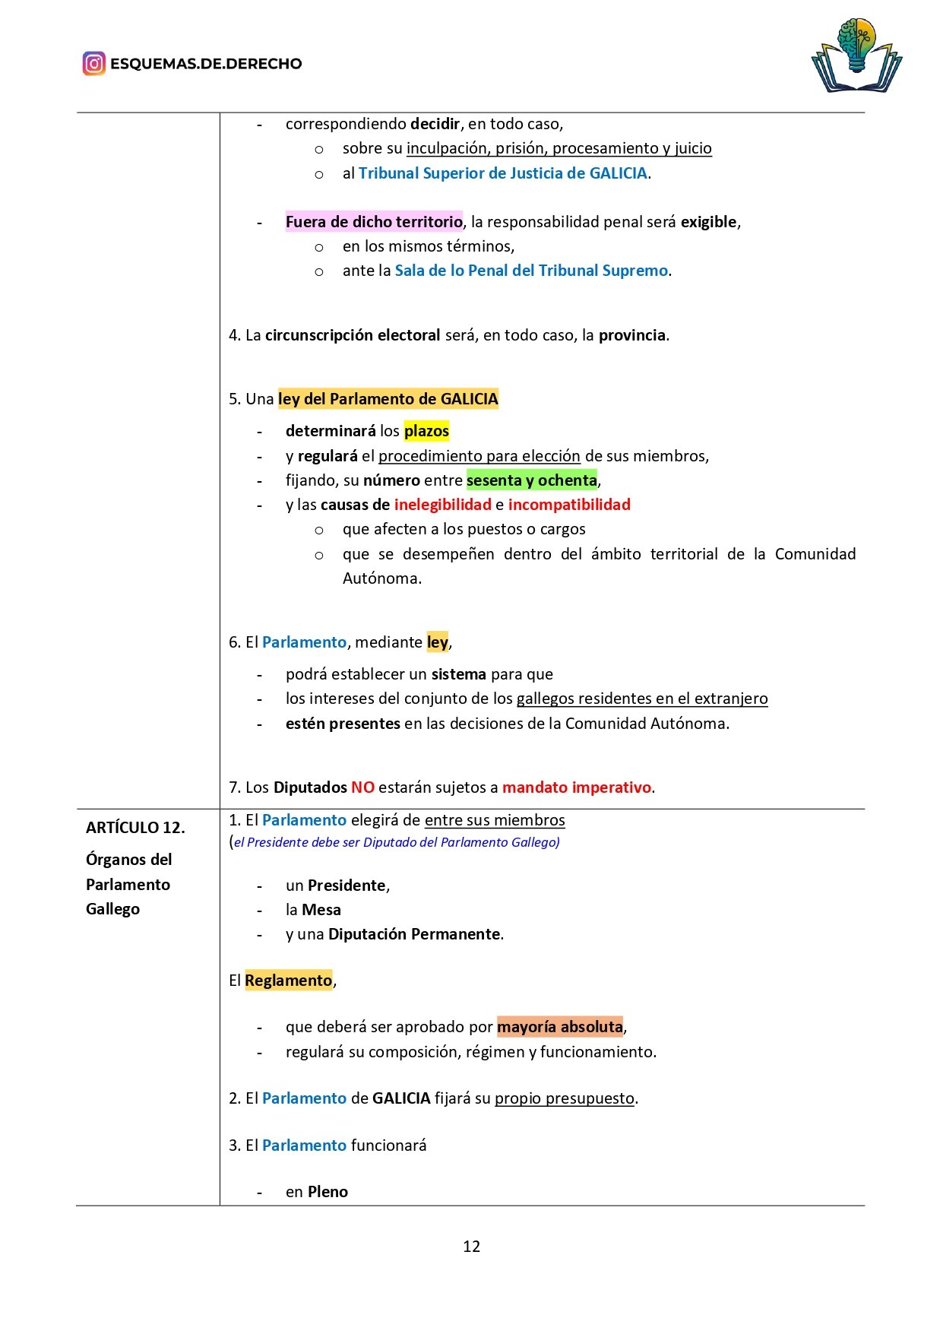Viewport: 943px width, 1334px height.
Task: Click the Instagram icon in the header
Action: tap(93, 63)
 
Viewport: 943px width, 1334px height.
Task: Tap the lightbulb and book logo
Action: tap(856, 55)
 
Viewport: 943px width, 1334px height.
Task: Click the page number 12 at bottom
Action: tap(471, 1246)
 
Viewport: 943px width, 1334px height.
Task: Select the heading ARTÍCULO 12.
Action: tap(135, 827)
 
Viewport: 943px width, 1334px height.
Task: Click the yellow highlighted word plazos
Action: tap(426, 431)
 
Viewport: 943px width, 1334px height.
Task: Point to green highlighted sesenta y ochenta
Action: tap(532, 480)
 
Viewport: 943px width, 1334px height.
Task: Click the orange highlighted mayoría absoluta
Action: tap(560, 1027)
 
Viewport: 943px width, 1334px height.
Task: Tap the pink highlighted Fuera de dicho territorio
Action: tap(374, 222)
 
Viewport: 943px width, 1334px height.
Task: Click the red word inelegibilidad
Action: tap(442, 505)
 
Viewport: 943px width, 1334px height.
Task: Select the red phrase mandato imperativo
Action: tap(576, 787)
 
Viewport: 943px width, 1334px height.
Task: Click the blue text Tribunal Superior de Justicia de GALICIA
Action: tap(502, 173)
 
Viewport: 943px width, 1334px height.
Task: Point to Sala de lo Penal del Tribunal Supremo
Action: tap(531, 271)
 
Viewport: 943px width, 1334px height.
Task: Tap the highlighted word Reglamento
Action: tap(288, 981)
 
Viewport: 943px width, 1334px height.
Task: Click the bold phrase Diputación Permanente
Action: tap(414, 934)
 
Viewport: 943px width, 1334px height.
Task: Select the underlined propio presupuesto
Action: tap(565, 1098)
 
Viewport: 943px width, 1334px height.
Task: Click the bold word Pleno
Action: tap(328, 1192)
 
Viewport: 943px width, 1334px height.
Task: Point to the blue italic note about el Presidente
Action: tap(395, 842)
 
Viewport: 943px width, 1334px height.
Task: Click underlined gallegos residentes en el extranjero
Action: tap(642, 699)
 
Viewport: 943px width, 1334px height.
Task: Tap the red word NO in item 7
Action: tap(362, 787)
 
